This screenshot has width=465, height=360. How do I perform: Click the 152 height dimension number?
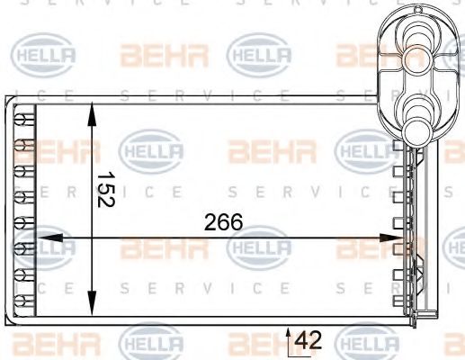[105, 190]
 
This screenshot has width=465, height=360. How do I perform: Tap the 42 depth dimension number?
[309, 340]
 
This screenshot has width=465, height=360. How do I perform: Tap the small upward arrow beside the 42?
[289, 335]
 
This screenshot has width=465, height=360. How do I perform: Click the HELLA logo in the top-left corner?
[41, 56]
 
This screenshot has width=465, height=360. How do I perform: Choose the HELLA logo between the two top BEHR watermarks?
[261, 56]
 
